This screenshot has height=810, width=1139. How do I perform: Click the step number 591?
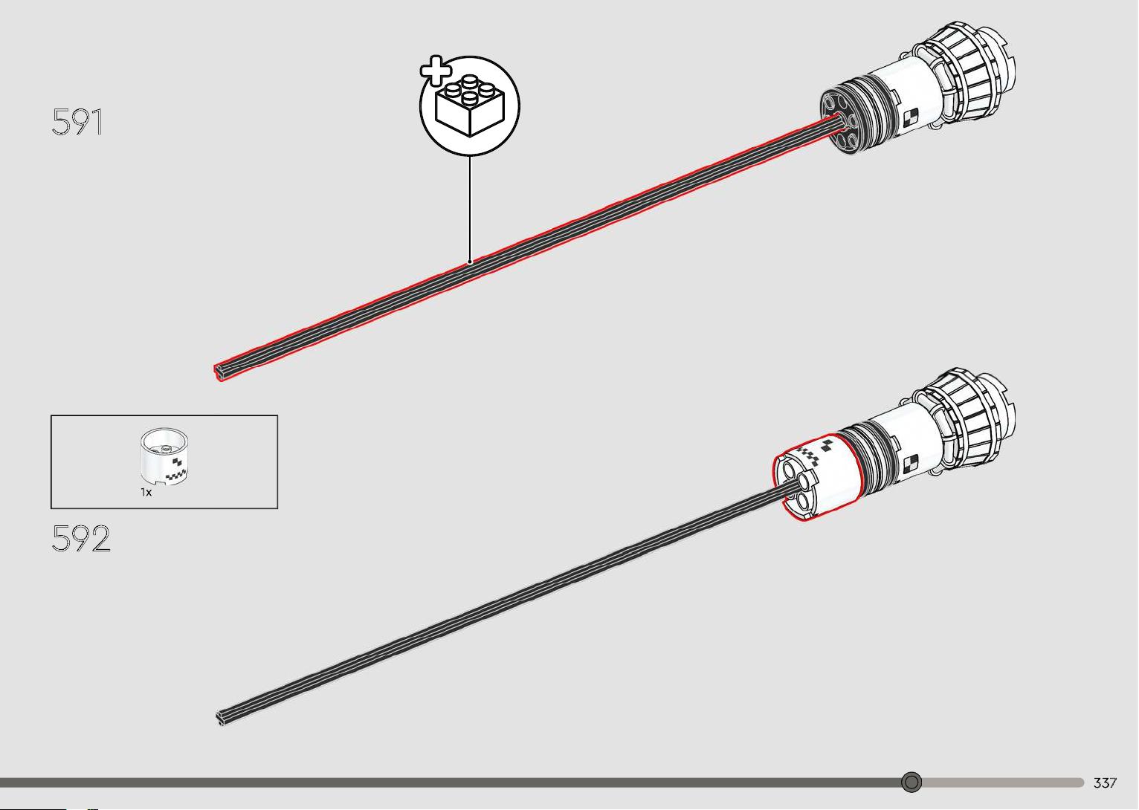pos(77,121)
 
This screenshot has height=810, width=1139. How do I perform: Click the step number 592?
pos(81,538)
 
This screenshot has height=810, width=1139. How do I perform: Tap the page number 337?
pos(1105,783)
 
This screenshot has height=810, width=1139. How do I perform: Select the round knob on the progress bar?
pos(911,782)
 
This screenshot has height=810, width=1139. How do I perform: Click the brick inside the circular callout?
pos(470,106)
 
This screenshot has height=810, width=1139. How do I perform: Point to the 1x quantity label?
pos(146,493)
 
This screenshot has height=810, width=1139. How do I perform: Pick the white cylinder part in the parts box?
pos(164,455)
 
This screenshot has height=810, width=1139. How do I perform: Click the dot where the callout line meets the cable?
pos(470,262)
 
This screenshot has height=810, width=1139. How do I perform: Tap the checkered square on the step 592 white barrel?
pos(910,463)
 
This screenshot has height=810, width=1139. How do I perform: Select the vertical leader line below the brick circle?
pos(470,208)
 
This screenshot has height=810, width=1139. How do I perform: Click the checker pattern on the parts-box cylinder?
pos(176,470)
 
